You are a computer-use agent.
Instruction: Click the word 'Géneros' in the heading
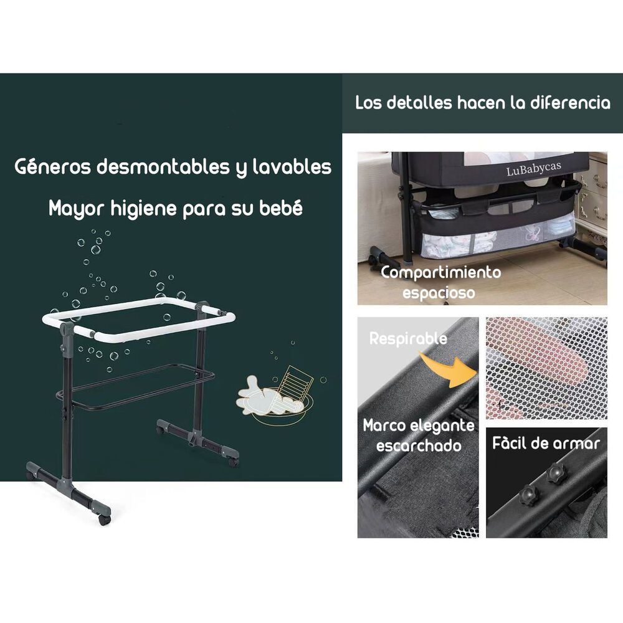52,167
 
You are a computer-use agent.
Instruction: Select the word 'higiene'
143,209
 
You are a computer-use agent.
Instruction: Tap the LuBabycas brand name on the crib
534,169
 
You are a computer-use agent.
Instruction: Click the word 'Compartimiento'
440,273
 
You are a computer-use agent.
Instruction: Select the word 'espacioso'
439,293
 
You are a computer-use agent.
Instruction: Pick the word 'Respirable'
408,339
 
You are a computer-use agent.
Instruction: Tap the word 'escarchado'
419,446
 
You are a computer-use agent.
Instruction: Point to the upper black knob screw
556,473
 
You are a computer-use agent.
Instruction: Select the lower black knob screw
529,495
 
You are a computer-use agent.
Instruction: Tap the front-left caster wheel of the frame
105,520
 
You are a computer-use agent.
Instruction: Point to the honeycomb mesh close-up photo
546,368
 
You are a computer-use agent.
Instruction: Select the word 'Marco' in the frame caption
384,426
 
